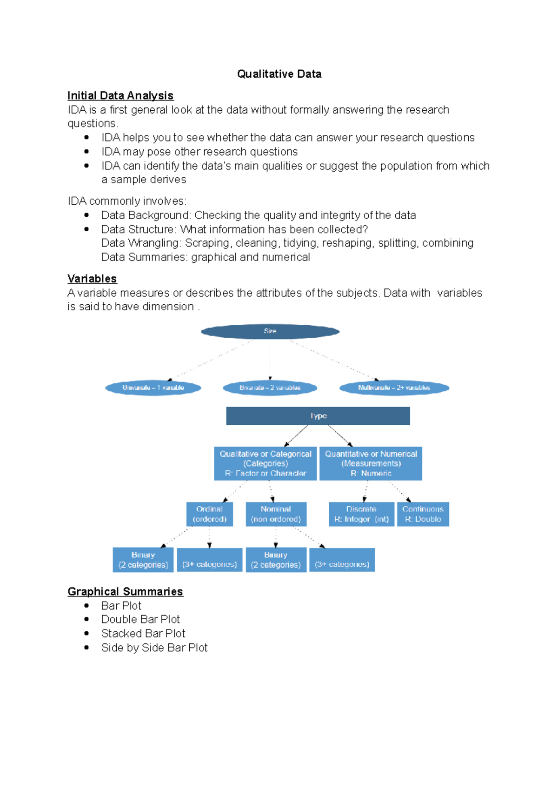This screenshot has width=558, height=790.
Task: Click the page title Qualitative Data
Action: (x=279, y=74)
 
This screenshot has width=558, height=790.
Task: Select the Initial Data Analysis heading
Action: (x=120, y=95)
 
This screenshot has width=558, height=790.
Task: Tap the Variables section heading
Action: (x=92, y=279)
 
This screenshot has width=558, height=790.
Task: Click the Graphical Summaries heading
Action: (x=125, y=591)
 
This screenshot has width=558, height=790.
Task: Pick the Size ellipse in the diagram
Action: (x=270, y=331)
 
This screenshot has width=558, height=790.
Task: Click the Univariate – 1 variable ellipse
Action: (x=153, y=388)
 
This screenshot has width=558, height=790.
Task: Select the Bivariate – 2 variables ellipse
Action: (x=270, y=388)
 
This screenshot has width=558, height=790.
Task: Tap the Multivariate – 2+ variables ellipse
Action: (x=394, y=388)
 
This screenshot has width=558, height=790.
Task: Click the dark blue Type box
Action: (x=318, y=416)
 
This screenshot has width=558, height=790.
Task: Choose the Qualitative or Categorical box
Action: (x=265, y=463)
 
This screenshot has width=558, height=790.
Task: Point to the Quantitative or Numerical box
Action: (x=371, y=463)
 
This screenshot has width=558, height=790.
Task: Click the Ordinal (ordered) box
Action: (x=209, y=514)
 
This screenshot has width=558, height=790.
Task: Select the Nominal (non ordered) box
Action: (x=276, y=514)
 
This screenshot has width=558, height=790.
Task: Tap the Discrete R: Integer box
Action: (x=361, y=514)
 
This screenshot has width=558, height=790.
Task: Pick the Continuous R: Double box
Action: (x=423, y=514)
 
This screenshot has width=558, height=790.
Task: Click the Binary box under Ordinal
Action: (x=143, y=560)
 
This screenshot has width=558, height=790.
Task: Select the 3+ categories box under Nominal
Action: (x=342, y=560)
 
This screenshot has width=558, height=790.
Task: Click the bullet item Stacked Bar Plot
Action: (x=143, y=633)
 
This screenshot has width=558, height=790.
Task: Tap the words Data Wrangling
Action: (x=140, y=243)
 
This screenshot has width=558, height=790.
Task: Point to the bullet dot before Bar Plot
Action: (x=86, y=605)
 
